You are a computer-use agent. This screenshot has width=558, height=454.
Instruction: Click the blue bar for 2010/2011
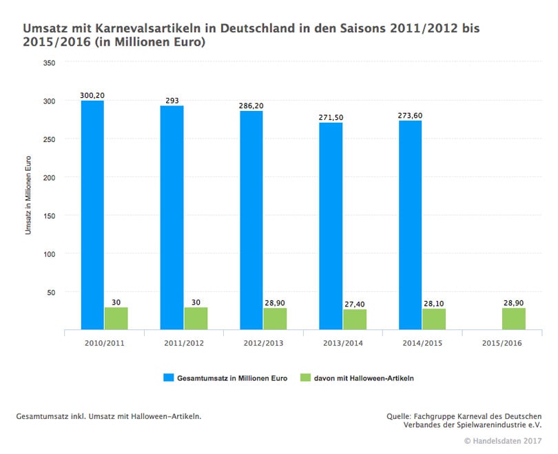[92, 215]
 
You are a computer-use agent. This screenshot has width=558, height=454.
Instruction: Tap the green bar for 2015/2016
[514, 319]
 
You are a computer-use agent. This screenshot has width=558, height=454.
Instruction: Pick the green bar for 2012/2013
[275, 319]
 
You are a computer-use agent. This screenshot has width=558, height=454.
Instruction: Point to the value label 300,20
[92, 95]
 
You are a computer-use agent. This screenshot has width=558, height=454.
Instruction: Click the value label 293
[172, 101]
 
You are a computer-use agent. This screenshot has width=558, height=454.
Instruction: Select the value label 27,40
[355, 303]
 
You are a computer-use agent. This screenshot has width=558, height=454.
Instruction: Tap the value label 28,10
[435, 302]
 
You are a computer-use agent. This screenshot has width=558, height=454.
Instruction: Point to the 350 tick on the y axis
[49, 63]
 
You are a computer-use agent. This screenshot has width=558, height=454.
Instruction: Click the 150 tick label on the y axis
[49, 216]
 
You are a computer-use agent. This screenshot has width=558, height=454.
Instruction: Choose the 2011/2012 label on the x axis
[183, 342]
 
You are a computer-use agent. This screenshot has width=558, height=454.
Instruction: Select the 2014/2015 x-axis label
[422, 342]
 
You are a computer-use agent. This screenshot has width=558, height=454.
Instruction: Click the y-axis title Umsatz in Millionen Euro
[28, 196]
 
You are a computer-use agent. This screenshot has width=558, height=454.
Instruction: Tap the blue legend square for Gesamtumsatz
[167, 378]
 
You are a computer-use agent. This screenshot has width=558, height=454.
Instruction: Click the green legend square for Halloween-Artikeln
[306, 378]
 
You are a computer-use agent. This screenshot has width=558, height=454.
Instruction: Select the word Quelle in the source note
[400, 416]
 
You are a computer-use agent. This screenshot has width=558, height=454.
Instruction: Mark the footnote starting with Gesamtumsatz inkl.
[108, 416]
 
